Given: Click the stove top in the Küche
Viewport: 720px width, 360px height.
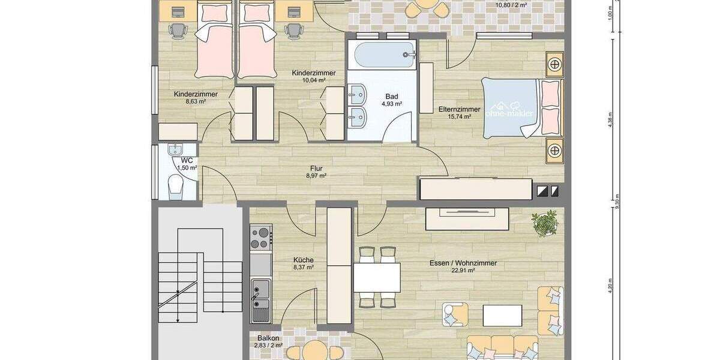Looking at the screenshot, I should coord(261,238).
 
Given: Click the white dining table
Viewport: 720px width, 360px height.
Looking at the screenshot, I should coord(377,277).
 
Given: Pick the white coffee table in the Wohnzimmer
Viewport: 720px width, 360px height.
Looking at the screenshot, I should coord(502,315).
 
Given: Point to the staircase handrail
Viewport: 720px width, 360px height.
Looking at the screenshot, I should coord(178,296).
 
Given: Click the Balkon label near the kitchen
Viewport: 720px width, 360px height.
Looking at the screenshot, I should coord(268,338).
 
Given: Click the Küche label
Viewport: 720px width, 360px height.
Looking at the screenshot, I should coord(303,260).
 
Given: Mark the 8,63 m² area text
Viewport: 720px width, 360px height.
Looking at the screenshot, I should coord(196,101).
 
